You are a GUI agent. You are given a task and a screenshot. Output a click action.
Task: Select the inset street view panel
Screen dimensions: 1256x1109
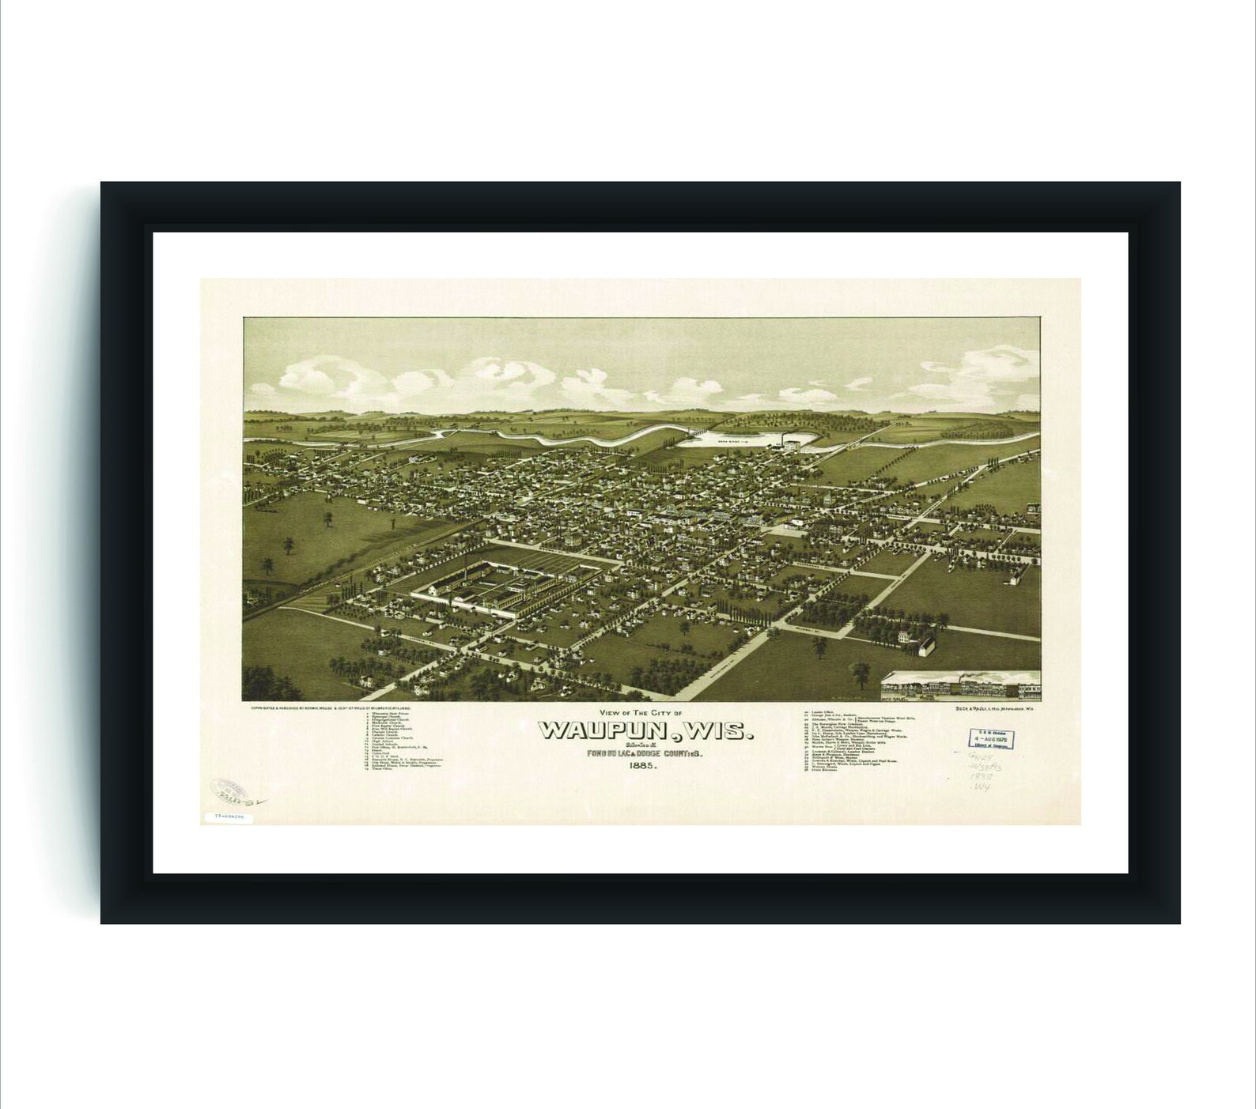(x=960, y=686)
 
